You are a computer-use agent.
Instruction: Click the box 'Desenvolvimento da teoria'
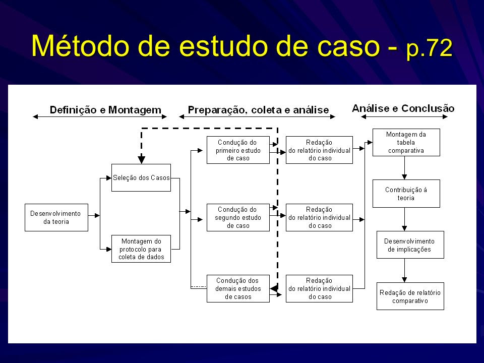click(56, 217)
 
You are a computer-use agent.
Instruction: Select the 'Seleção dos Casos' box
click(141, 177)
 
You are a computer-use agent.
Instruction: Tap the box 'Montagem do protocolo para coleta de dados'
click(141, 249)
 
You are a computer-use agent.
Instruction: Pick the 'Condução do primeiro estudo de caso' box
click(238, 150)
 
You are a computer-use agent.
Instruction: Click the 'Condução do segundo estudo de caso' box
click(238, 217)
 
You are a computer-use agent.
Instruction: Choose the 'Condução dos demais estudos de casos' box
click(238, 288)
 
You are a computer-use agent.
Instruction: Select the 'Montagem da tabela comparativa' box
click(406, 142)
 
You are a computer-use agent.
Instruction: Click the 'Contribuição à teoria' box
click(406, 194)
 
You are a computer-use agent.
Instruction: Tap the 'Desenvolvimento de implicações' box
click(410, 245)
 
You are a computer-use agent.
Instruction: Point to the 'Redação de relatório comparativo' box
click(410, 296)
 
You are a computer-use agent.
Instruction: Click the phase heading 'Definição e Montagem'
click(105, 110)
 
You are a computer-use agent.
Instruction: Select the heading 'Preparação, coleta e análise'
click(258, 110)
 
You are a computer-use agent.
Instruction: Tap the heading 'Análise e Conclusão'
click(403, 108)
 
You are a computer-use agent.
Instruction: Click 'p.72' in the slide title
click(430, 48)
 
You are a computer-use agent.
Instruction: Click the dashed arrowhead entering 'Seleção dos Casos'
click(141, 160)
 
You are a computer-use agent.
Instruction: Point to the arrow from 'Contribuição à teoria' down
click(405, 219)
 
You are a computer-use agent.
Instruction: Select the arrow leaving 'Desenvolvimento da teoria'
click(94, 215)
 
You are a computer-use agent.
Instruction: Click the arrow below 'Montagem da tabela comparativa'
click(405, 168)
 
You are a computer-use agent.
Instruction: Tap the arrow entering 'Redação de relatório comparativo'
click(405, 270)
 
